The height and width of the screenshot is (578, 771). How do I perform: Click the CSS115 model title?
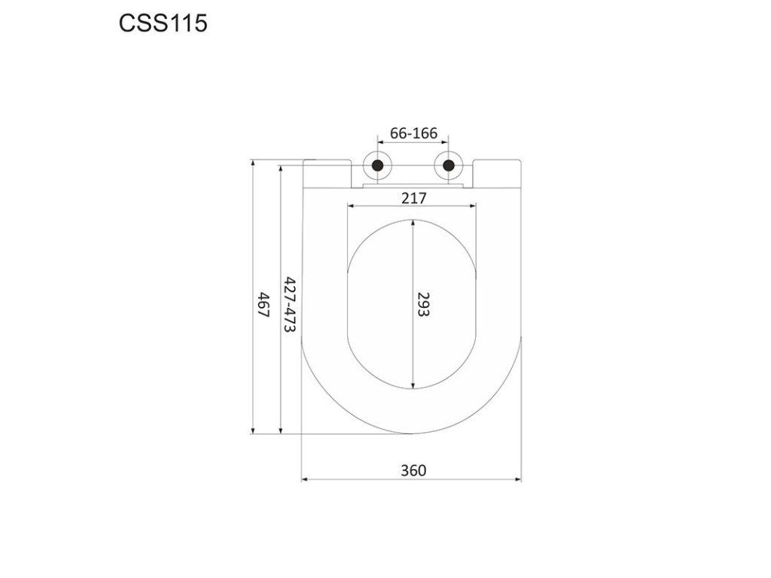(x=163, y=23)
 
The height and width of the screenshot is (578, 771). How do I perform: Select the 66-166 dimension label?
(x=413, y=133)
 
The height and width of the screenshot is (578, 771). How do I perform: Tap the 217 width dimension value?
(x=413, y=198)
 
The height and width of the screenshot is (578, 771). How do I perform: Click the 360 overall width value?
(x=413, y=470)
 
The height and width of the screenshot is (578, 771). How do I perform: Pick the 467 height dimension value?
(x=264, y=305)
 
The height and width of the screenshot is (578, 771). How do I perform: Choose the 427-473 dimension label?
(x=291, y=305)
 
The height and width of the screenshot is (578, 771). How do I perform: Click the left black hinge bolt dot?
(x=378, y=165)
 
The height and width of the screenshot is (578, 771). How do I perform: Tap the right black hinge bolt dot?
(x=449, y=165)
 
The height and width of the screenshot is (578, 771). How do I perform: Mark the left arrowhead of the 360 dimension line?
(x=304, y=479)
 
